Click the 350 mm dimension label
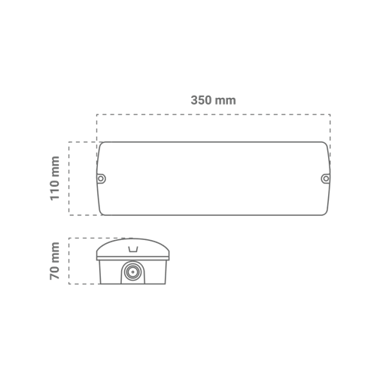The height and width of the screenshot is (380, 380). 213,100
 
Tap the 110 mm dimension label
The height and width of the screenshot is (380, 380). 55,178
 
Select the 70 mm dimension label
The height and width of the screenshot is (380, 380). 55,261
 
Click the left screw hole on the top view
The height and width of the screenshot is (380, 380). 101,178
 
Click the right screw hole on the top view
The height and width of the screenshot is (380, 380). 326,178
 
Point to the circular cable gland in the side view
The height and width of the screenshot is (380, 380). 132,272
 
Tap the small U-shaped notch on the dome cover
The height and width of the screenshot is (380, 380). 133,249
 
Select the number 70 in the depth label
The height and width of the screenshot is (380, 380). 55,272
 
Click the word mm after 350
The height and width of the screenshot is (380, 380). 226,101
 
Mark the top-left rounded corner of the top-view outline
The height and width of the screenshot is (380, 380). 101,144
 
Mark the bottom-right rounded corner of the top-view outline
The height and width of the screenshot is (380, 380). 326,213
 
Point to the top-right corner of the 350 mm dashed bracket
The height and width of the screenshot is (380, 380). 330,114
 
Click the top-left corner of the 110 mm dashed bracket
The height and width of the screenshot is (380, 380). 69,142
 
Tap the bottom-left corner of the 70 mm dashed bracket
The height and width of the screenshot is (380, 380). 69,284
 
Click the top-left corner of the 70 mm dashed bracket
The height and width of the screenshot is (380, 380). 69,239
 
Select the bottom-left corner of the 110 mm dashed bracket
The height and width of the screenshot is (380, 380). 69,215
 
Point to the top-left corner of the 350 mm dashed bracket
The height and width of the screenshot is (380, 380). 97,114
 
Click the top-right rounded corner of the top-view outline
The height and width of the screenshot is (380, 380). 326,144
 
